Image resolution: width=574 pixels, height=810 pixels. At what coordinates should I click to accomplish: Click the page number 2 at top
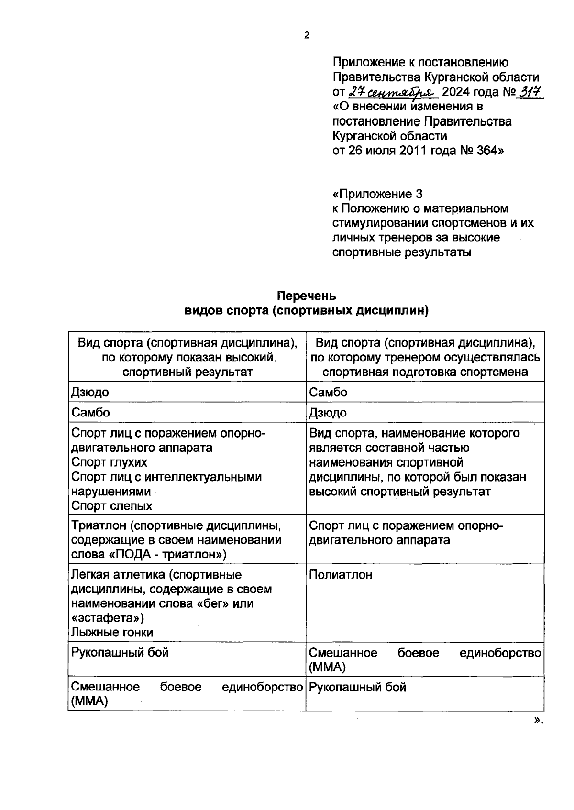click(307, 35)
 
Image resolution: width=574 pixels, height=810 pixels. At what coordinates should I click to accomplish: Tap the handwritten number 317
click(531, 92)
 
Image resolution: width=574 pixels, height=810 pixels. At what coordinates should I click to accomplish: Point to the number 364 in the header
click(487, 151)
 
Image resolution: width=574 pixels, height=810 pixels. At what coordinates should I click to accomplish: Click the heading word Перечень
click(307, 296)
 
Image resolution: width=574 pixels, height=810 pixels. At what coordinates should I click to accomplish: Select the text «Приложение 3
click(377, 194)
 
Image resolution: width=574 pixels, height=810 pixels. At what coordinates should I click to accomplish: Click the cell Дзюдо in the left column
click(90, 393)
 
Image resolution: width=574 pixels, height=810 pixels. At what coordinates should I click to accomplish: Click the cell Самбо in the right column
click(328, 393)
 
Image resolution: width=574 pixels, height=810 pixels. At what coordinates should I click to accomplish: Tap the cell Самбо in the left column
click(90, 413)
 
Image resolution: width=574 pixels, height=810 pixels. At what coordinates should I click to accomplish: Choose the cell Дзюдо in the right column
click(328, 413)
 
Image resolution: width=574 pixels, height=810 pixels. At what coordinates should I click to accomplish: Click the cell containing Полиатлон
click(341, 575)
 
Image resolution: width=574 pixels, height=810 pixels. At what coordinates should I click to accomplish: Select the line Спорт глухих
click(109, 462)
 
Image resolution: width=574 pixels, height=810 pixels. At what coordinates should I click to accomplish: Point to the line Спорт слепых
click(111, 506)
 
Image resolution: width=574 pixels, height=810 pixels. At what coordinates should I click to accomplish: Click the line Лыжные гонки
click(112, 633)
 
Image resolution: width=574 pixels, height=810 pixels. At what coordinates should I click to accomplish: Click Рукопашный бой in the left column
click(120, 653)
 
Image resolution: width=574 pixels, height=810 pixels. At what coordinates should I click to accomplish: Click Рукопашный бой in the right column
click(357, 688)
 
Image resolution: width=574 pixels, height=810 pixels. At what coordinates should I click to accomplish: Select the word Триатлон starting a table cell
click(99, 526)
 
